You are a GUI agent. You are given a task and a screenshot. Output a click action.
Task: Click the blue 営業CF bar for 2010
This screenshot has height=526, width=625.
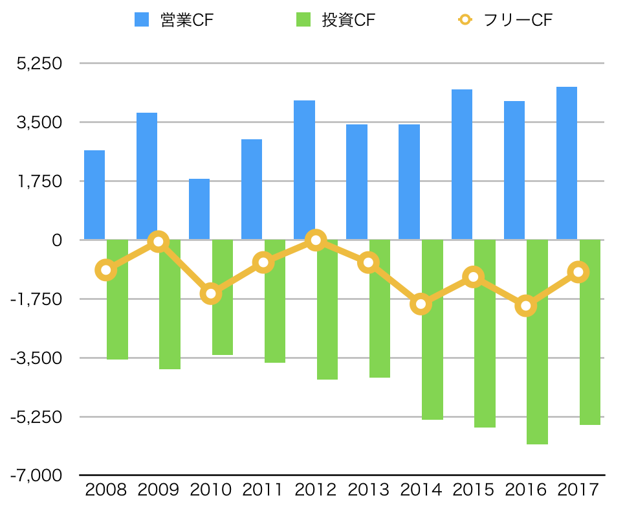pos(199,209)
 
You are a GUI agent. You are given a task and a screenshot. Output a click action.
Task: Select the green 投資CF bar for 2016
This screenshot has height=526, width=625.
pos(537,342)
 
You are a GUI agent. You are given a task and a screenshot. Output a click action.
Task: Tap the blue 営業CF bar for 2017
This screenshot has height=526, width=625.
pos(567,163)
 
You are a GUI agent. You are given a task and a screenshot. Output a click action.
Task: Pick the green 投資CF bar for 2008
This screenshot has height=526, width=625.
pos(117,299)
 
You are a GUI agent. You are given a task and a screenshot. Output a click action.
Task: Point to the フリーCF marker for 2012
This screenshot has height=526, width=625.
pos(316,240)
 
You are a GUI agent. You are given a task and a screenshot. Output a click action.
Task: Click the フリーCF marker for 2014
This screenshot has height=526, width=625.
pos(421,304)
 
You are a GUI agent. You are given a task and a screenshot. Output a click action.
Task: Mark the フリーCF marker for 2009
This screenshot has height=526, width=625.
pos(158,242)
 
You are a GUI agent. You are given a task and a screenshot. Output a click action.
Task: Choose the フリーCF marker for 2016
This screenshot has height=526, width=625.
pos(526,306)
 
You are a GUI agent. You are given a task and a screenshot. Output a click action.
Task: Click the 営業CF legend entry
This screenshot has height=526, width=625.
pos(173,19)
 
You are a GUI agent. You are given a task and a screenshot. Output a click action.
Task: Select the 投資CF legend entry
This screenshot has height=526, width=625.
pos(335,19)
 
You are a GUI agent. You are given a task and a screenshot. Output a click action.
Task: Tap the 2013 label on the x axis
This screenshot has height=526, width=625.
pos(368,490)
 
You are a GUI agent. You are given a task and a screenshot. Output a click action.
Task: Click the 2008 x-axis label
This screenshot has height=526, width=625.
pos(105,490)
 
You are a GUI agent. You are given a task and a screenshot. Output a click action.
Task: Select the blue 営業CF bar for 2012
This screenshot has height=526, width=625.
pos(304,170)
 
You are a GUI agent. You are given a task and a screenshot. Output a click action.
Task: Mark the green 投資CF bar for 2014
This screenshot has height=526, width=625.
pos(432,330)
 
